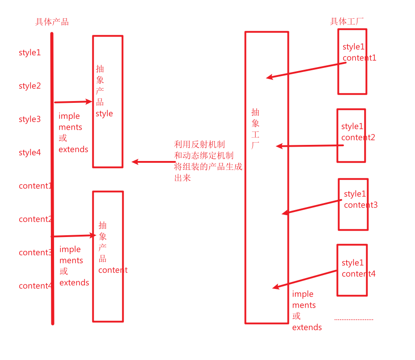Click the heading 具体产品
[x=52, y=22]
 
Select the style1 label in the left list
[x=29, y=52]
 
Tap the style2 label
[x=29, y=86]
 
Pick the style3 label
[x=29, y=119]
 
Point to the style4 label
[x=29, y=152]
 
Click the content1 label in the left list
[x=35, y=186]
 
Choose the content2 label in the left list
[x=35, y=219]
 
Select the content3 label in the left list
[x=35, y=253]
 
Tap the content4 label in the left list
[x=35, y=286]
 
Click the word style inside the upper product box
[x=104, y=114]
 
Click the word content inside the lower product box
[x=113, y=270]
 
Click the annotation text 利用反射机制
[x=199, y=144]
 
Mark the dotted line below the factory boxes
[x=354, y=319]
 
